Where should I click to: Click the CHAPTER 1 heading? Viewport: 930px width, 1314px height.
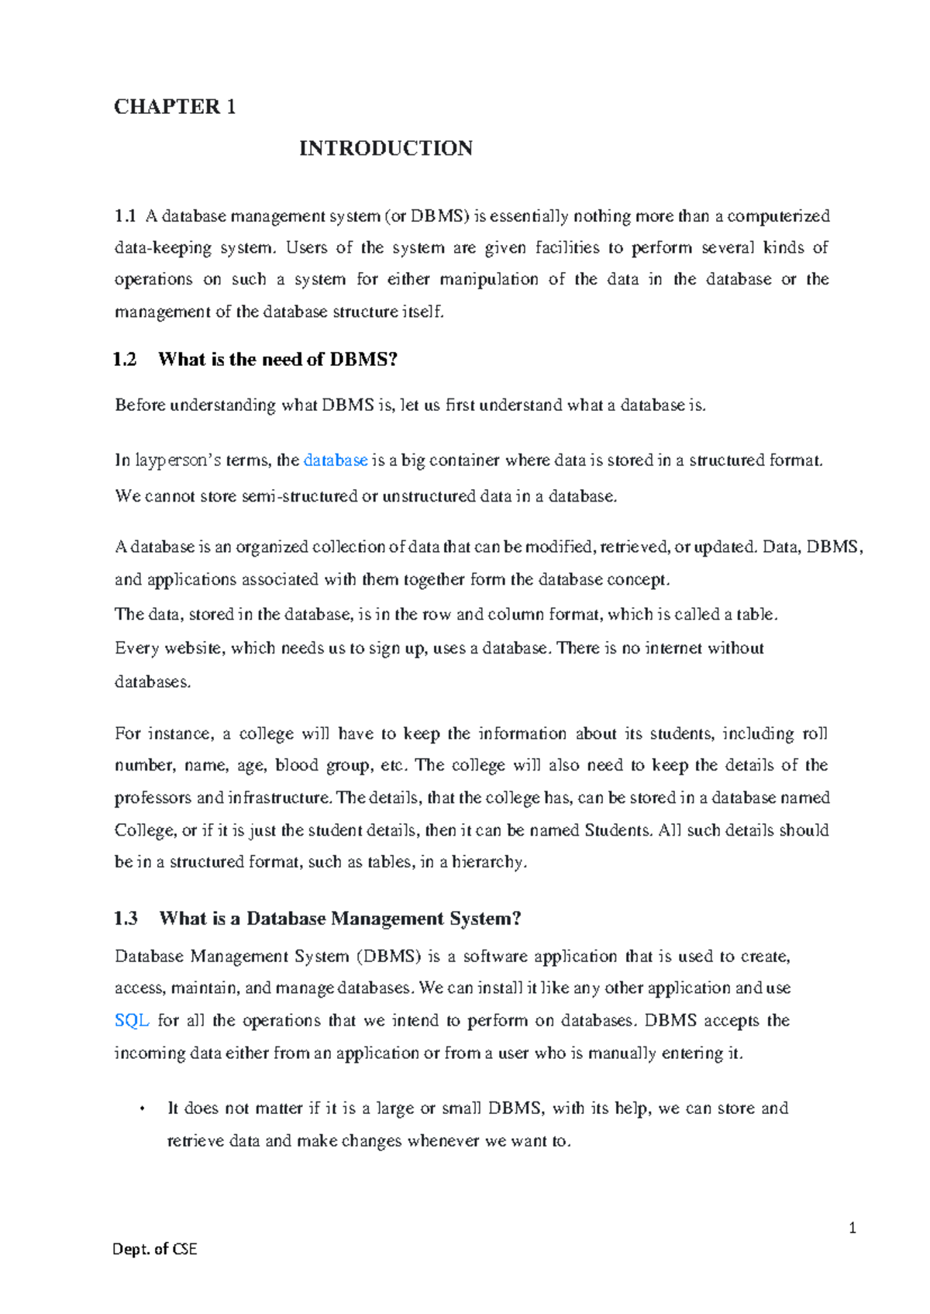[x=174, y=106]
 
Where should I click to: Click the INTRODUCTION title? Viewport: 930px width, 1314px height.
[x=386, y=148]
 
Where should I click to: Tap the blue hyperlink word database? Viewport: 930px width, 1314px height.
[x=335, y=460]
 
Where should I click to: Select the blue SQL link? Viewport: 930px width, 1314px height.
[x=132, y=1021]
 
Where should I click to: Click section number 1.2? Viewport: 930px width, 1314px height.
[x=124, y=360]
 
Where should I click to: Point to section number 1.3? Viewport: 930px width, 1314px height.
[x=126, y=919]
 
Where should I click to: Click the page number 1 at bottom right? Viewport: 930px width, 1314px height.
[x=852, y=1228]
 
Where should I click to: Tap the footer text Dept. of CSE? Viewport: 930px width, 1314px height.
[x=155, y=1249]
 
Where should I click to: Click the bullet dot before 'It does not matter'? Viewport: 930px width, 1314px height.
[x=142, y=1109]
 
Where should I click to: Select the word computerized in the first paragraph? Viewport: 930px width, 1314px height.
[x=778, y=216]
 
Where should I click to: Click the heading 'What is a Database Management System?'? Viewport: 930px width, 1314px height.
[x=340, y=919]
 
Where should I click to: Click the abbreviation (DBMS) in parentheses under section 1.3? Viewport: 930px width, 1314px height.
[x=388, y=957]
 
